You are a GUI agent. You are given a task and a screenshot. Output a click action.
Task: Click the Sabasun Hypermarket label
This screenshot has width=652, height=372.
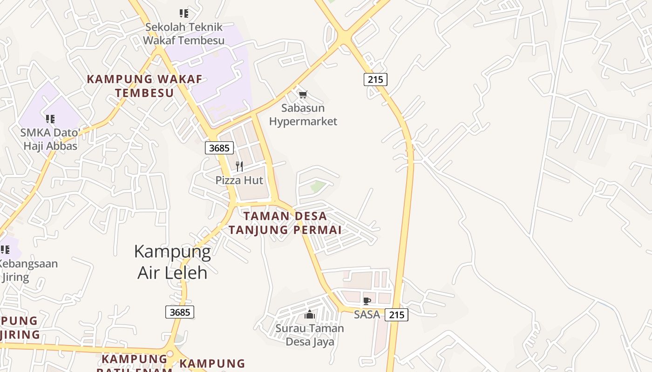point(303,115)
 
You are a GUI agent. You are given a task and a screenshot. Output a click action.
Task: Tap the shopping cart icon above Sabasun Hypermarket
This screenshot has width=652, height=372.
point(303,95)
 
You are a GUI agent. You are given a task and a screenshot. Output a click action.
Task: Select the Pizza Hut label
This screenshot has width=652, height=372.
point(239,180)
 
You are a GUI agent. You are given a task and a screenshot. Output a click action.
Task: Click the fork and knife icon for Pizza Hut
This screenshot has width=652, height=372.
point(239,166)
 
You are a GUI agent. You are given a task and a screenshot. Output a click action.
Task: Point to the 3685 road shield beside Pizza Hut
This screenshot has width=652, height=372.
point(219,148)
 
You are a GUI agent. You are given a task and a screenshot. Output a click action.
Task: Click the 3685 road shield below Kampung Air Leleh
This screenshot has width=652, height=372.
point(180,312)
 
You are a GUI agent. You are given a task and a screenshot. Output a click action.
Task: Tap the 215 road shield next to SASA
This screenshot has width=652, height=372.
point(396,315)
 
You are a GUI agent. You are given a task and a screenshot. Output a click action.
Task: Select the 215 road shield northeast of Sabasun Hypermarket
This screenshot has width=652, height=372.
point(375,80)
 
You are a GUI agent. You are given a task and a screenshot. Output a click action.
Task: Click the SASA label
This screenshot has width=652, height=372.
point(367,315)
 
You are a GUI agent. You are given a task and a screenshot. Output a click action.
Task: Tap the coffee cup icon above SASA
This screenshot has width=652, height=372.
point(367,301)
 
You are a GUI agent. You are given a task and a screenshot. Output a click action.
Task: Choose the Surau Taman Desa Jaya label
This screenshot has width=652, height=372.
point(310,335)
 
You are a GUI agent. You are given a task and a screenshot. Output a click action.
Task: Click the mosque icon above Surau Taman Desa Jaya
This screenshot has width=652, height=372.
point(310,315)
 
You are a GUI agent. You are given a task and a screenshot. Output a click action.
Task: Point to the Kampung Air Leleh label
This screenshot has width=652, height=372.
point(172,262)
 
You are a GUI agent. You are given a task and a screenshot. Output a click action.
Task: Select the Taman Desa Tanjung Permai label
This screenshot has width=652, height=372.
point(285,223)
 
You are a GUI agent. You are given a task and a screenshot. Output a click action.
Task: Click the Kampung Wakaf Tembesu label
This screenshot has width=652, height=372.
point(144,86)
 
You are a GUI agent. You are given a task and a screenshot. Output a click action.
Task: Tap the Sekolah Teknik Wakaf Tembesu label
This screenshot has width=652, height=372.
point(183,33)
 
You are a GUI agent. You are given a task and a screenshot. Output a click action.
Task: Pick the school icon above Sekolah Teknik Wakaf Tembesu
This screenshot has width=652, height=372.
point(184,13)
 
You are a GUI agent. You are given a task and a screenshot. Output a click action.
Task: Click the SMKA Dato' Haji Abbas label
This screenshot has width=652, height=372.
point(50,139)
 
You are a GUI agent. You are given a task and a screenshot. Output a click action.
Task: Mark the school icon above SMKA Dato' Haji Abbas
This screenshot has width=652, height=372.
point(50,119)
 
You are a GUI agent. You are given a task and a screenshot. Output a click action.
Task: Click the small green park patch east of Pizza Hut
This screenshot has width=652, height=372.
point(318,187)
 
